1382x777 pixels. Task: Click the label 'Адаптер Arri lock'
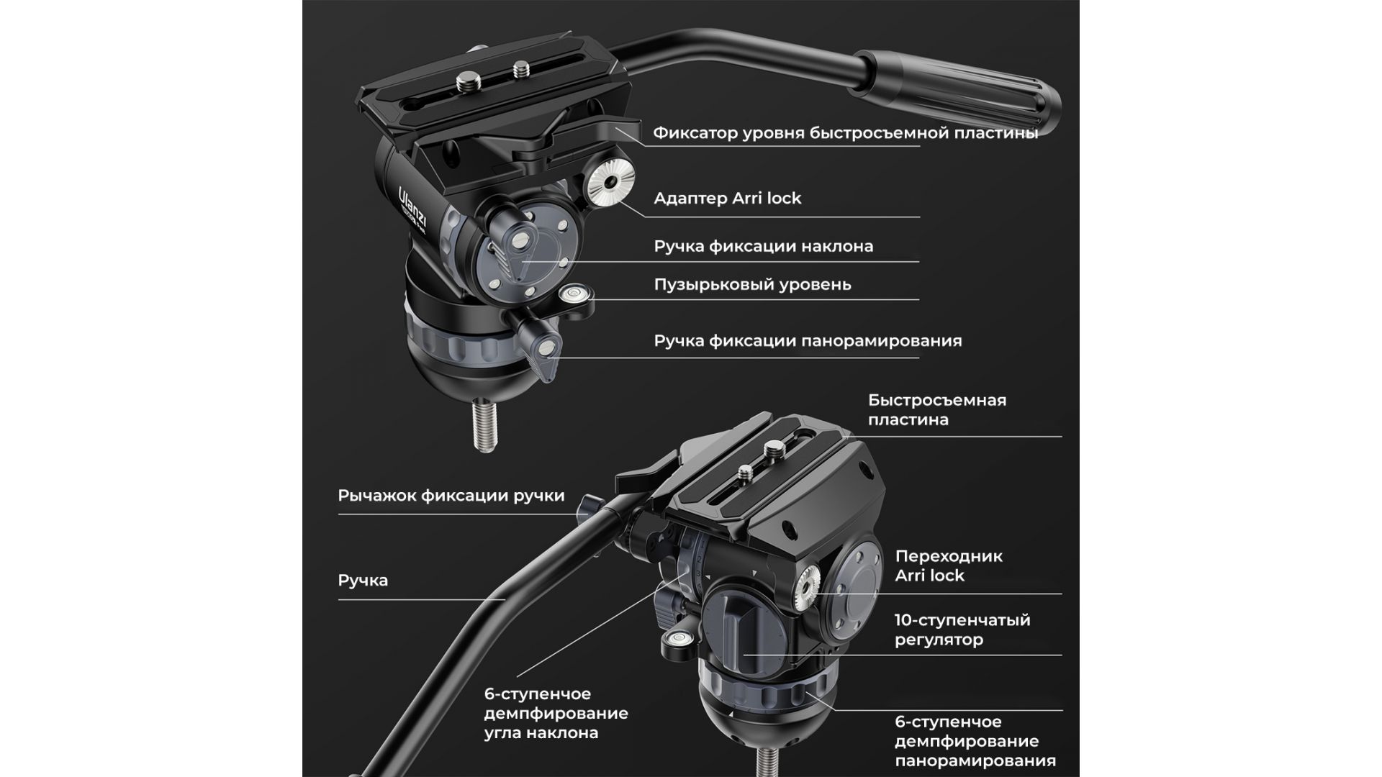click(x=727, y=199)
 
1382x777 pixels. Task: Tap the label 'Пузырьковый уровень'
click(x=752, y=285)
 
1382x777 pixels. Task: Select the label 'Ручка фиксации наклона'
click(x=763, y=246)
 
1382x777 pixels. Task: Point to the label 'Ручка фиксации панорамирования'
click(x=808, y=341)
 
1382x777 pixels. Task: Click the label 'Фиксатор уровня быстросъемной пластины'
click(x=845, y=134)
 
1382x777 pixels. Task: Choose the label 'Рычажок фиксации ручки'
click(x=451, y=496)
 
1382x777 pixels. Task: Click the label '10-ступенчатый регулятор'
click(x=962, y=630)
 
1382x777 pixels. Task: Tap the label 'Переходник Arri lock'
click(x=948, y=565)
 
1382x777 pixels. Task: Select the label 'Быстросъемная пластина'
click(x=936, y=409)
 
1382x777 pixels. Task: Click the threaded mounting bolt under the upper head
click(x=485, y=426)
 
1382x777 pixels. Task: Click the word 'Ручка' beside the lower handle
click(x=363, y=580)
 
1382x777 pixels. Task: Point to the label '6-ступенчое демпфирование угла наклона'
click(x=556, y=714)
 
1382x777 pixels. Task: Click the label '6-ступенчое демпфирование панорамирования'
click(x=975, y=741)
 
